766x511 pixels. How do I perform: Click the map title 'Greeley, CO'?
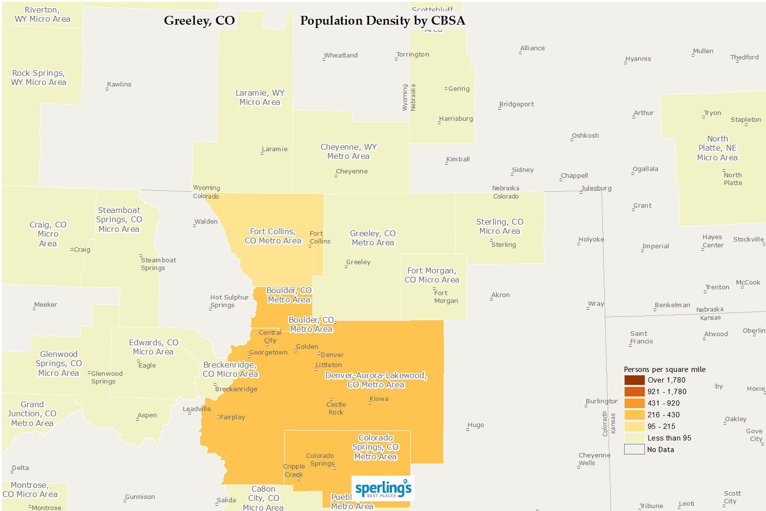coord(199,21)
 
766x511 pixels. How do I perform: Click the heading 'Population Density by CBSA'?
coord(382,21)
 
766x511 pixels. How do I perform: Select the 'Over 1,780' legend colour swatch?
coord(634,380)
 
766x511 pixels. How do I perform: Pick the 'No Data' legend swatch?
coord(634,450)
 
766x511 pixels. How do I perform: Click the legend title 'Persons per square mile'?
coord(664,369)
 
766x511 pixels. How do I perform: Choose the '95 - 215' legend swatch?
coord(634,426)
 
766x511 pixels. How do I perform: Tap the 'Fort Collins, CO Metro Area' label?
coord(273,236)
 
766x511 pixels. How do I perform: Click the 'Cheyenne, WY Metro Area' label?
coord(348,152)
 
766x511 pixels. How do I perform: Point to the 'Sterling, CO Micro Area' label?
coord(500,227)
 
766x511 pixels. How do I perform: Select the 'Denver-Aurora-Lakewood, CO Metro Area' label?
coord(376,380)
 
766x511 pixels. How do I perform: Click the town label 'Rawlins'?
coord(119,85)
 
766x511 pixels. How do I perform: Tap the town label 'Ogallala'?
coord(645,169)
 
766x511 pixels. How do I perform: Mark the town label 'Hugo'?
coord(475,425)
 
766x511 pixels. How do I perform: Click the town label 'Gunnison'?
coord(140,497)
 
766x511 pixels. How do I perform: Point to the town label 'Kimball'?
coord(458,159)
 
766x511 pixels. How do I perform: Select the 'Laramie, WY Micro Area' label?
coord(260,98)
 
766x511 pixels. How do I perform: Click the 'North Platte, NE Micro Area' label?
coord(717,148)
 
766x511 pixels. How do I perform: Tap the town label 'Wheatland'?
coord(341,56)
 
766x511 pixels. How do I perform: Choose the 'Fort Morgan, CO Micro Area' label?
coord(432,275)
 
